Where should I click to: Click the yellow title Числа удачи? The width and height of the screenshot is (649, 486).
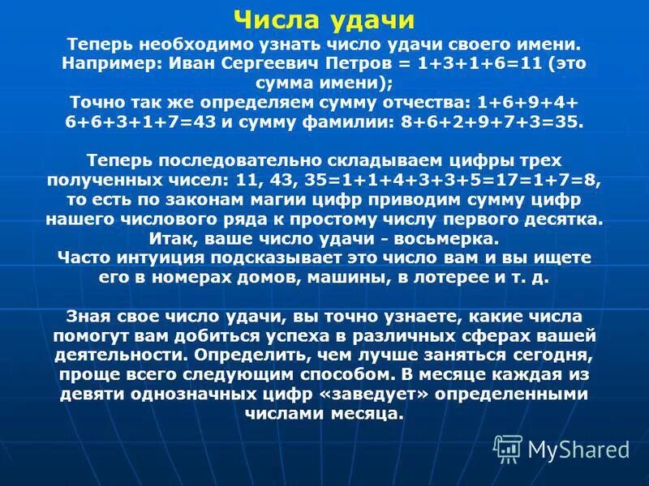click(x=324, y=19)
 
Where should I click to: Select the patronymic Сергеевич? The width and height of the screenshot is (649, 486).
click(x=283, y=63)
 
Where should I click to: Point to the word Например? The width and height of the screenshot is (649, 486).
click(x=110, y=63)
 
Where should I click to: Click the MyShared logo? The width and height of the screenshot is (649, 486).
click(x=561, y=448)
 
